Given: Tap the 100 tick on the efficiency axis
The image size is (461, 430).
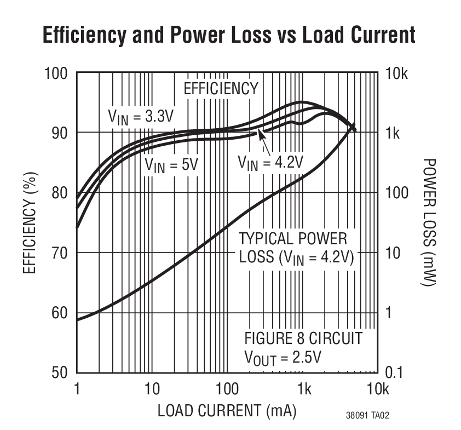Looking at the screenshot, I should (56, 73).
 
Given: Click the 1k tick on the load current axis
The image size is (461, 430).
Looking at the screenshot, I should (304, 389).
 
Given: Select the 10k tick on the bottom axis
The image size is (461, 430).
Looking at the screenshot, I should (377, 389).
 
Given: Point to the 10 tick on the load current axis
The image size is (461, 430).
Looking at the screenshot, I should (152, 389).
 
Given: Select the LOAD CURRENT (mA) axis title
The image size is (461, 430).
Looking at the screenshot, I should (227, 410).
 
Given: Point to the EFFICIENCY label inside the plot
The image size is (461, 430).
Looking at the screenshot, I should (220, 89).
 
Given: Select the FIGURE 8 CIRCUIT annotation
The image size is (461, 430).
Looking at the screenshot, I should (303, 338).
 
